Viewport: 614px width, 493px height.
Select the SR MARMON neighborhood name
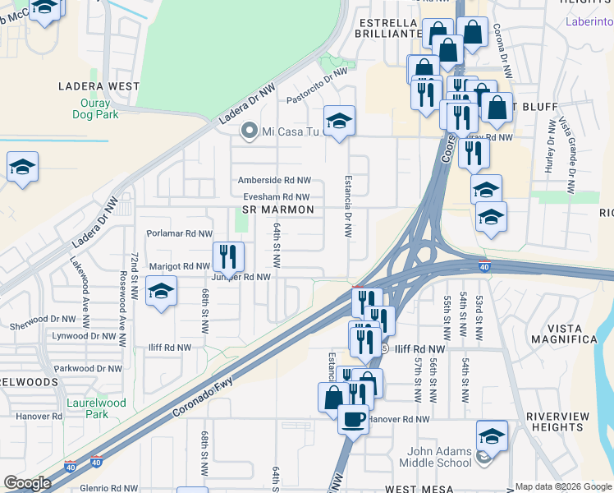[278, 210]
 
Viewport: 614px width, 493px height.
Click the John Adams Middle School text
[435, 457]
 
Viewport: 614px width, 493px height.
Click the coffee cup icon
[353, 419]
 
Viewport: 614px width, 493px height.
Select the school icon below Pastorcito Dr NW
[339, 122]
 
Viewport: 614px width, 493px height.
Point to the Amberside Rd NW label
[274, 180]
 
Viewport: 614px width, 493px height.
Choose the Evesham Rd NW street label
[276, 197]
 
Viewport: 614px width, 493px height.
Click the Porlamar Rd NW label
[179, 233]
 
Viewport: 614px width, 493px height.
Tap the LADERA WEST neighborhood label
[99, 85]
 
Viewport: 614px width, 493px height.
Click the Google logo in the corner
[27, 483]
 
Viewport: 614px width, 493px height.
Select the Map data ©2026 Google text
[563, 486]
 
